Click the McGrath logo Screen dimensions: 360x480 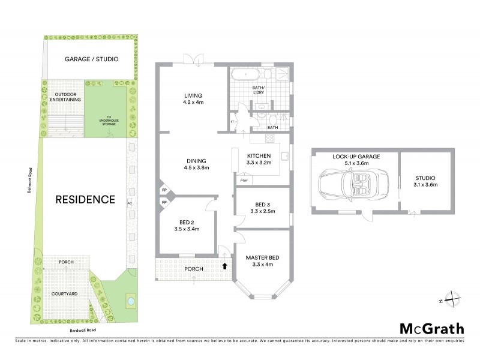tap(431, 328)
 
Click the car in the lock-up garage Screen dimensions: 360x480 tap(346, 184)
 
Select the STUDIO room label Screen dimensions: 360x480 tap(425, 178)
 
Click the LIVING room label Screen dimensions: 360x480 tap(193, 95)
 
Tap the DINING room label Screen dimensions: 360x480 tap(196, 161)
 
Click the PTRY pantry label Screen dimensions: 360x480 tap(244, 180)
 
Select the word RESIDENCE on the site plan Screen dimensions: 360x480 tap(85, 199)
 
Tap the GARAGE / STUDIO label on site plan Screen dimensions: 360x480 tap(91, 59)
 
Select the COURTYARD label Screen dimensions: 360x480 tap(67, 295)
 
